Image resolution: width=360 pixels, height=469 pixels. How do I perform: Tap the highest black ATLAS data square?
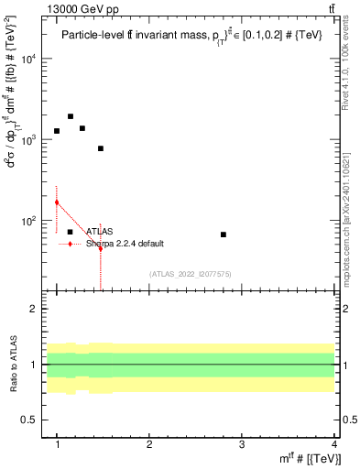click(71, 116)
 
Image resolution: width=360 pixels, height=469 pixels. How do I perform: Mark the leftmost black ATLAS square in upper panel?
click(57, 131)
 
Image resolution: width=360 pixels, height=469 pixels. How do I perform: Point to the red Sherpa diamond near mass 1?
click(57, 202)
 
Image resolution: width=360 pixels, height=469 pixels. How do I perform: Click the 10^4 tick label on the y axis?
click(29, 59)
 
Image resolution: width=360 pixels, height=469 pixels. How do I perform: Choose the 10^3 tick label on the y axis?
click(29, 140)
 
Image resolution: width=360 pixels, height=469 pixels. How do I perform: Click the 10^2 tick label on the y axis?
click(29, 221)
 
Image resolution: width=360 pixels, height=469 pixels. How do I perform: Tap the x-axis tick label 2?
click(149, 444)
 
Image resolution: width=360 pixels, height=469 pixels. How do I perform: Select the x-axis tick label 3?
click(242, 444)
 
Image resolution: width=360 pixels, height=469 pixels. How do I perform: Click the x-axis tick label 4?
click(334, 444)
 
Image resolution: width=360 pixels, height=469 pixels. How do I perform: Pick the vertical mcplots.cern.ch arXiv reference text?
click(351, 216)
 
